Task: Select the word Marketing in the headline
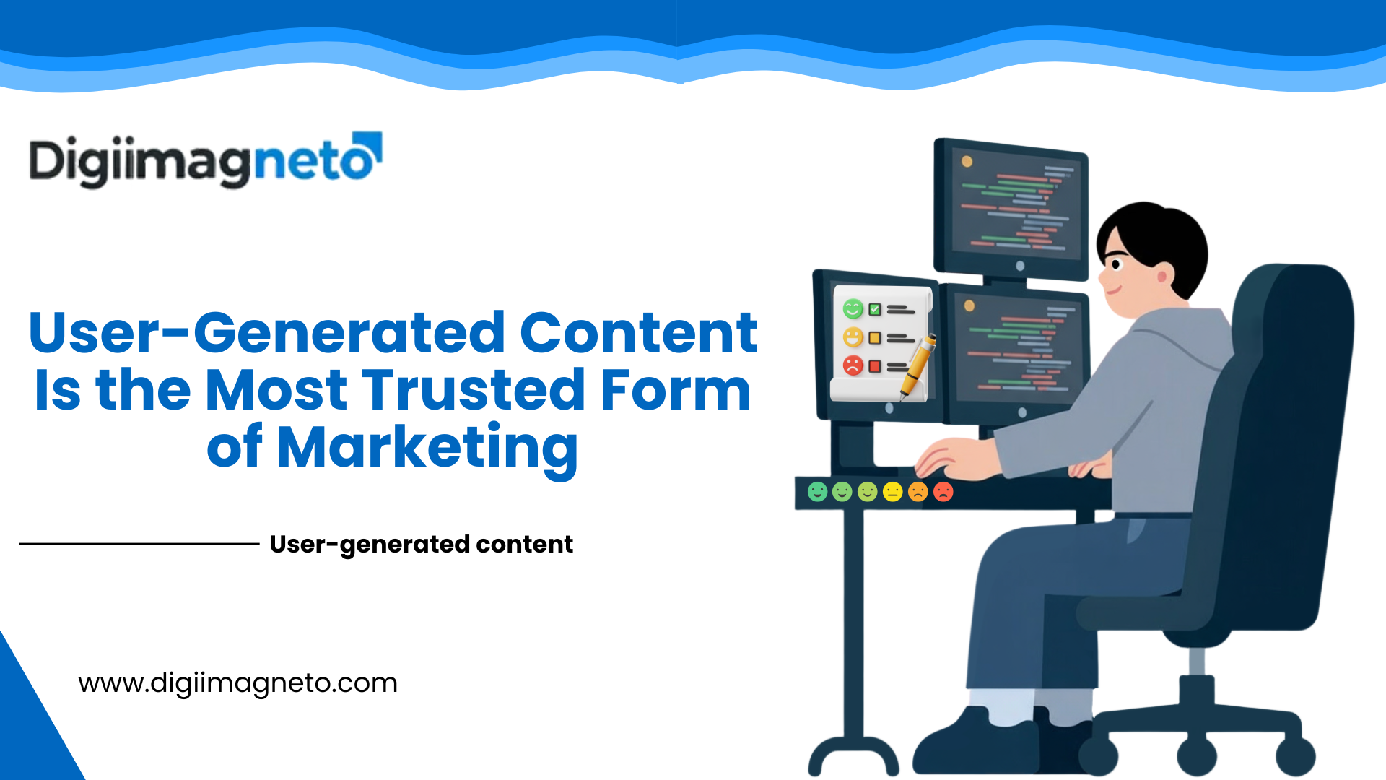427,448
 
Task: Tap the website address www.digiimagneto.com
237,682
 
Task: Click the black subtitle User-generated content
421,544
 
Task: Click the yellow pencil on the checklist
918,367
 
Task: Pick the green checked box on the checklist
875,310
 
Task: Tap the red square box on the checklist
875,366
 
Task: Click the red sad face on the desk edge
943,492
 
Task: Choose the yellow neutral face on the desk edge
893,492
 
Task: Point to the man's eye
1116,264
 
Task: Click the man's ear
1161,276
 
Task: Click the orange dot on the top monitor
967,162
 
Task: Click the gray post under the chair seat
1196,661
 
